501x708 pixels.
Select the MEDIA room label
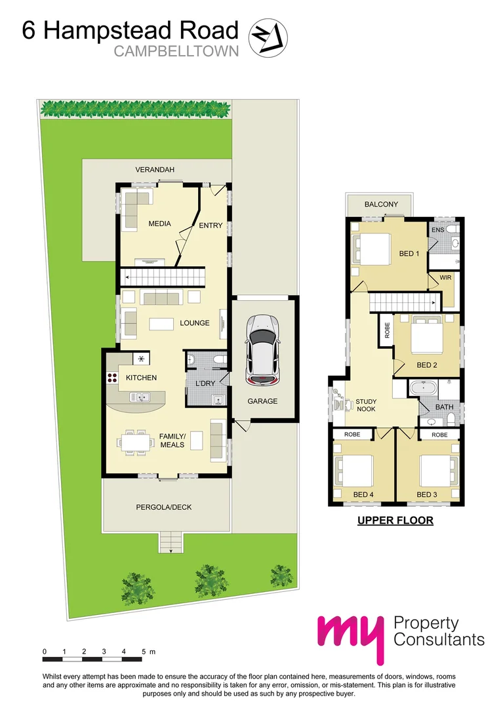[159, 224]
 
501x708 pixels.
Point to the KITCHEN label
[141, 378]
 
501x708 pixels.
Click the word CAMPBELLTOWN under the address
[176, 51]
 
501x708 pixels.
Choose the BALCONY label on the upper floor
[381, 205]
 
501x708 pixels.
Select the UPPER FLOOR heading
[395, 521]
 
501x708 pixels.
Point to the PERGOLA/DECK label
[164, 507]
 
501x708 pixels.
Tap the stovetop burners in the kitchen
[110, 378]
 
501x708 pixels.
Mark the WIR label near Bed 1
[446, 278]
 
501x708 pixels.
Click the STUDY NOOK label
[366, 405]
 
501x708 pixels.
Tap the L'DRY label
[206, 383]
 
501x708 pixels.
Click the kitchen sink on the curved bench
[141, 396]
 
